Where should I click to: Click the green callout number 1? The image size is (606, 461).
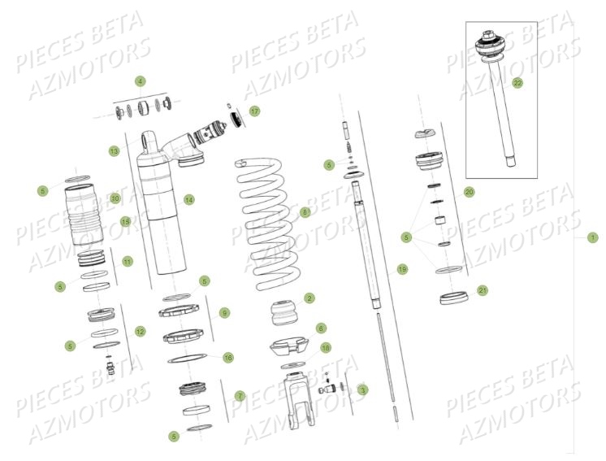(x=592, y=237)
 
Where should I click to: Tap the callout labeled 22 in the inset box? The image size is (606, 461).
(x=517, y=82)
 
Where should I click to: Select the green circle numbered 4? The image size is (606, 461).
(x=141, y=81)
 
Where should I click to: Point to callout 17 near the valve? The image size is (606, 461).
(x=254, y=111)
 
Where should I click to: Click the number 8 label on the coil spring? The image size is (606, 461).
(x=305, y=212)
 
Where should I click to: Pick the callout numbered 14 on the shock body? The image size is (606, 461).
(x=188, y=199)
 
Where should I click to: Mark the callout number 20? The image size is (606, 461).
(x=469, y=192)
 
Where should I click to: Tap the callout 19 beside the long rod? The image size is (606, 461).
(x=401, y=269)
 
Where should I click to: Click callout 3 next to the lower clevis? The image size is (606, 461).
(x=362, y=389)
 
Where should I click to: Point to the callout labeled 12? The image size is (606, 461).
(x=140, y=331)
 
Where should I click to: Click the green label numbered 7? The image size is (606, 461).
(x=240, y=395)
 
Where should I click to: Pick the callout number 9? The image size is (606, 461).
(x=225, y=312)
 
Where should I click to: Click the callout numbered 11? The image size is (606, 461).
(x=127, y=261)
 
